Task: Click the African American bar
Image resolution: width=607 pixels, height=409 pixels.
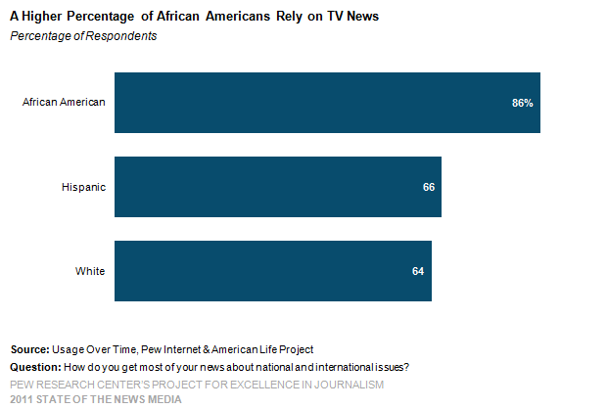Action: coord(327,103)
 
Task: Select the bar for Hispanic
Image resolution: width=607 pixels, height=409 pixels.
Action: coord(278,187)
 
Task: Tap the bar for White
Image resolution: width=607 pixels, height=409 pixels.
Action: coord(273,271)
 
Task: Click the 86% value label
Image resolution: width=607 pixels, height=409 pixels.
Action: coord(523,103)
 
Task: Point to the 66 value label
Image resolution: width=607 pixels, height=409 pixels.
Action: coord(429,187)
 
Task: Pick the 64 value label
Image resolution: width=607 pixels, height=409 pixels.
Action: coord(418,271)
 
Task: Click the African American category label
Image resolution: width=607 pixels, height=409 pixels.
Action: coord(64,102)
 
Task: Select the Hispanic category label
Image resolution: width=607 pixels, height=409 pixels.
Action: coord(83,187)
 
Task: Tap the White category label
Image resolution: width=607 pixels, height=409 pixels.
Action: coord(90,271)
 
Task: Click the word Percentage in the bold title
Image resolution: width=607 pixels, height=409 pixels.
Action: coord(100,17)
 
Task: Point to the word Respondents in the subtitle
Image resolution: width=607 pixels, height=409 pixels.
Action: coord(121,36)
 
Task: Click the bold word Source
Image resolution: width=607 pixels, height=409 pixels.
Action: coord(29,349)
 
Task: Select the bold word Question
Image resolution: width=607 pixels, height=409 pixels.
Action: coord(35,367)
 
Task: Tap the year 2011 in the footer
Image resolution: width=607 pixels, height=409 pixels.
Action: coord(22,399)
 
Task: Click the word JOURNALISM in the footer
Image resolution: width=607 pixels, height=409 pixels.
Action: coord(349,385)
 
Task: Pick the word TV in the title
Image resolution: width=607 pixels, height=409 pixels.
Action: coord(335,17)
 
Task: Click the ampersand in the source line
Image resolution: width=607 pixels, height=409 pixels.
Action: coord(206,349)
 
